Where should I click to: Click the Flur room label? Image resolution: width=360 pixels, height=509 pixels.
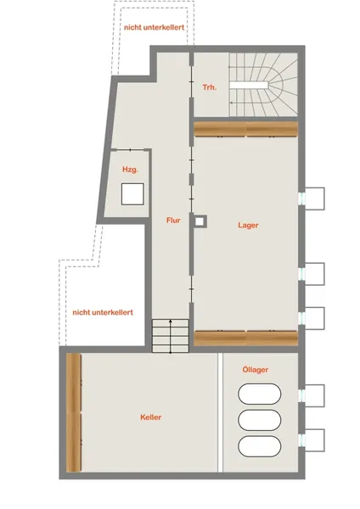pos(173,221)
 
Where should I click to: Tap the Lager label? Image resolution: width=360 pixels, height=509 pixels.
pos(248,226)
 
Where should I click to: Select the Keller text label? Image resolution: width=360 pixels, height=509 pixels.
pos(151,417)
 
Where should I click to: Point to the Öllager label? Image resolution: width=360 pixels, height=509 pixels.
pos(256,369)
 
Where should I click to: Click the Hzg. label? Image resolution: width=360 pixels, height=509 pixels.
pos(130,170)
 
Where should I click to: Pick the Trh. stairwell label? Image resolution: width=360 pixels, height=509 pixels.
pos(210,87)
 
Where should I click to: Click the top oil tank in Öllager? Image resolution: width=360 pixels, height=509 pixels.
pos(260,394)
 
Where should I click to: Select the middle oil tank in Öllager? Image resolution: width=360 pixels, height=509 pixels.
pos(260,420)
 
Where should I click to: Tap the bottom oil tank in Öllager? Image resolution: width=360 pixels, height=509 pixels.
pos(260,446)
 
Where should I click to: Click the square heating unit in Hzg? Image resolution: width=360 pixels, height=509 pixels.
pos(132,194)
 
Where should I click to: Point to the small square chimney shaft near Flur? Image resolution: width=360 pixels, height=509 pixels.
pos(200,221)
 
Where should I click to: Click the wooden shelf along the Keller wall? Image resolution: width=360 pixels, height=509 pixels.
pos(74,412)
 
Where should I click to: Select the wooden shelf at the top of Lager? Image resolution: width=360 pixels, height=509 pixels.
pos(246,129)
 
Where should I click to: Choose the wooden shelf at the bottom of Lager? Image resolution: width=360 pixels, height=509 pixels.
pos(246,338)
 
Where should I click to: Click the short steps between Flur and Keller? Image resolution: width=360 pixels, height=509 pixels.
pos(171,336)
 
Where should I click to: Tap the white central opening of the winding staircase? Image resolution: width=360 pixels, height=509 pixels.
pos(249,85)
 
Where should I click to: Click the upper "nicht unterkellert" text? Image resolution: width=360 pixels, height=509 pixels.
pos(154,27)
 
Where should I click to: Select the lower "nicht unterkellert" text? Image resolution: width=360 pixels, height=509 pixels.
pos(103,312)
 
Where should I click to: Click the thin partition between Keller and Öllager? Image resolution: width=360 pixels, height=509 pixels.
pos(220,412)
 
